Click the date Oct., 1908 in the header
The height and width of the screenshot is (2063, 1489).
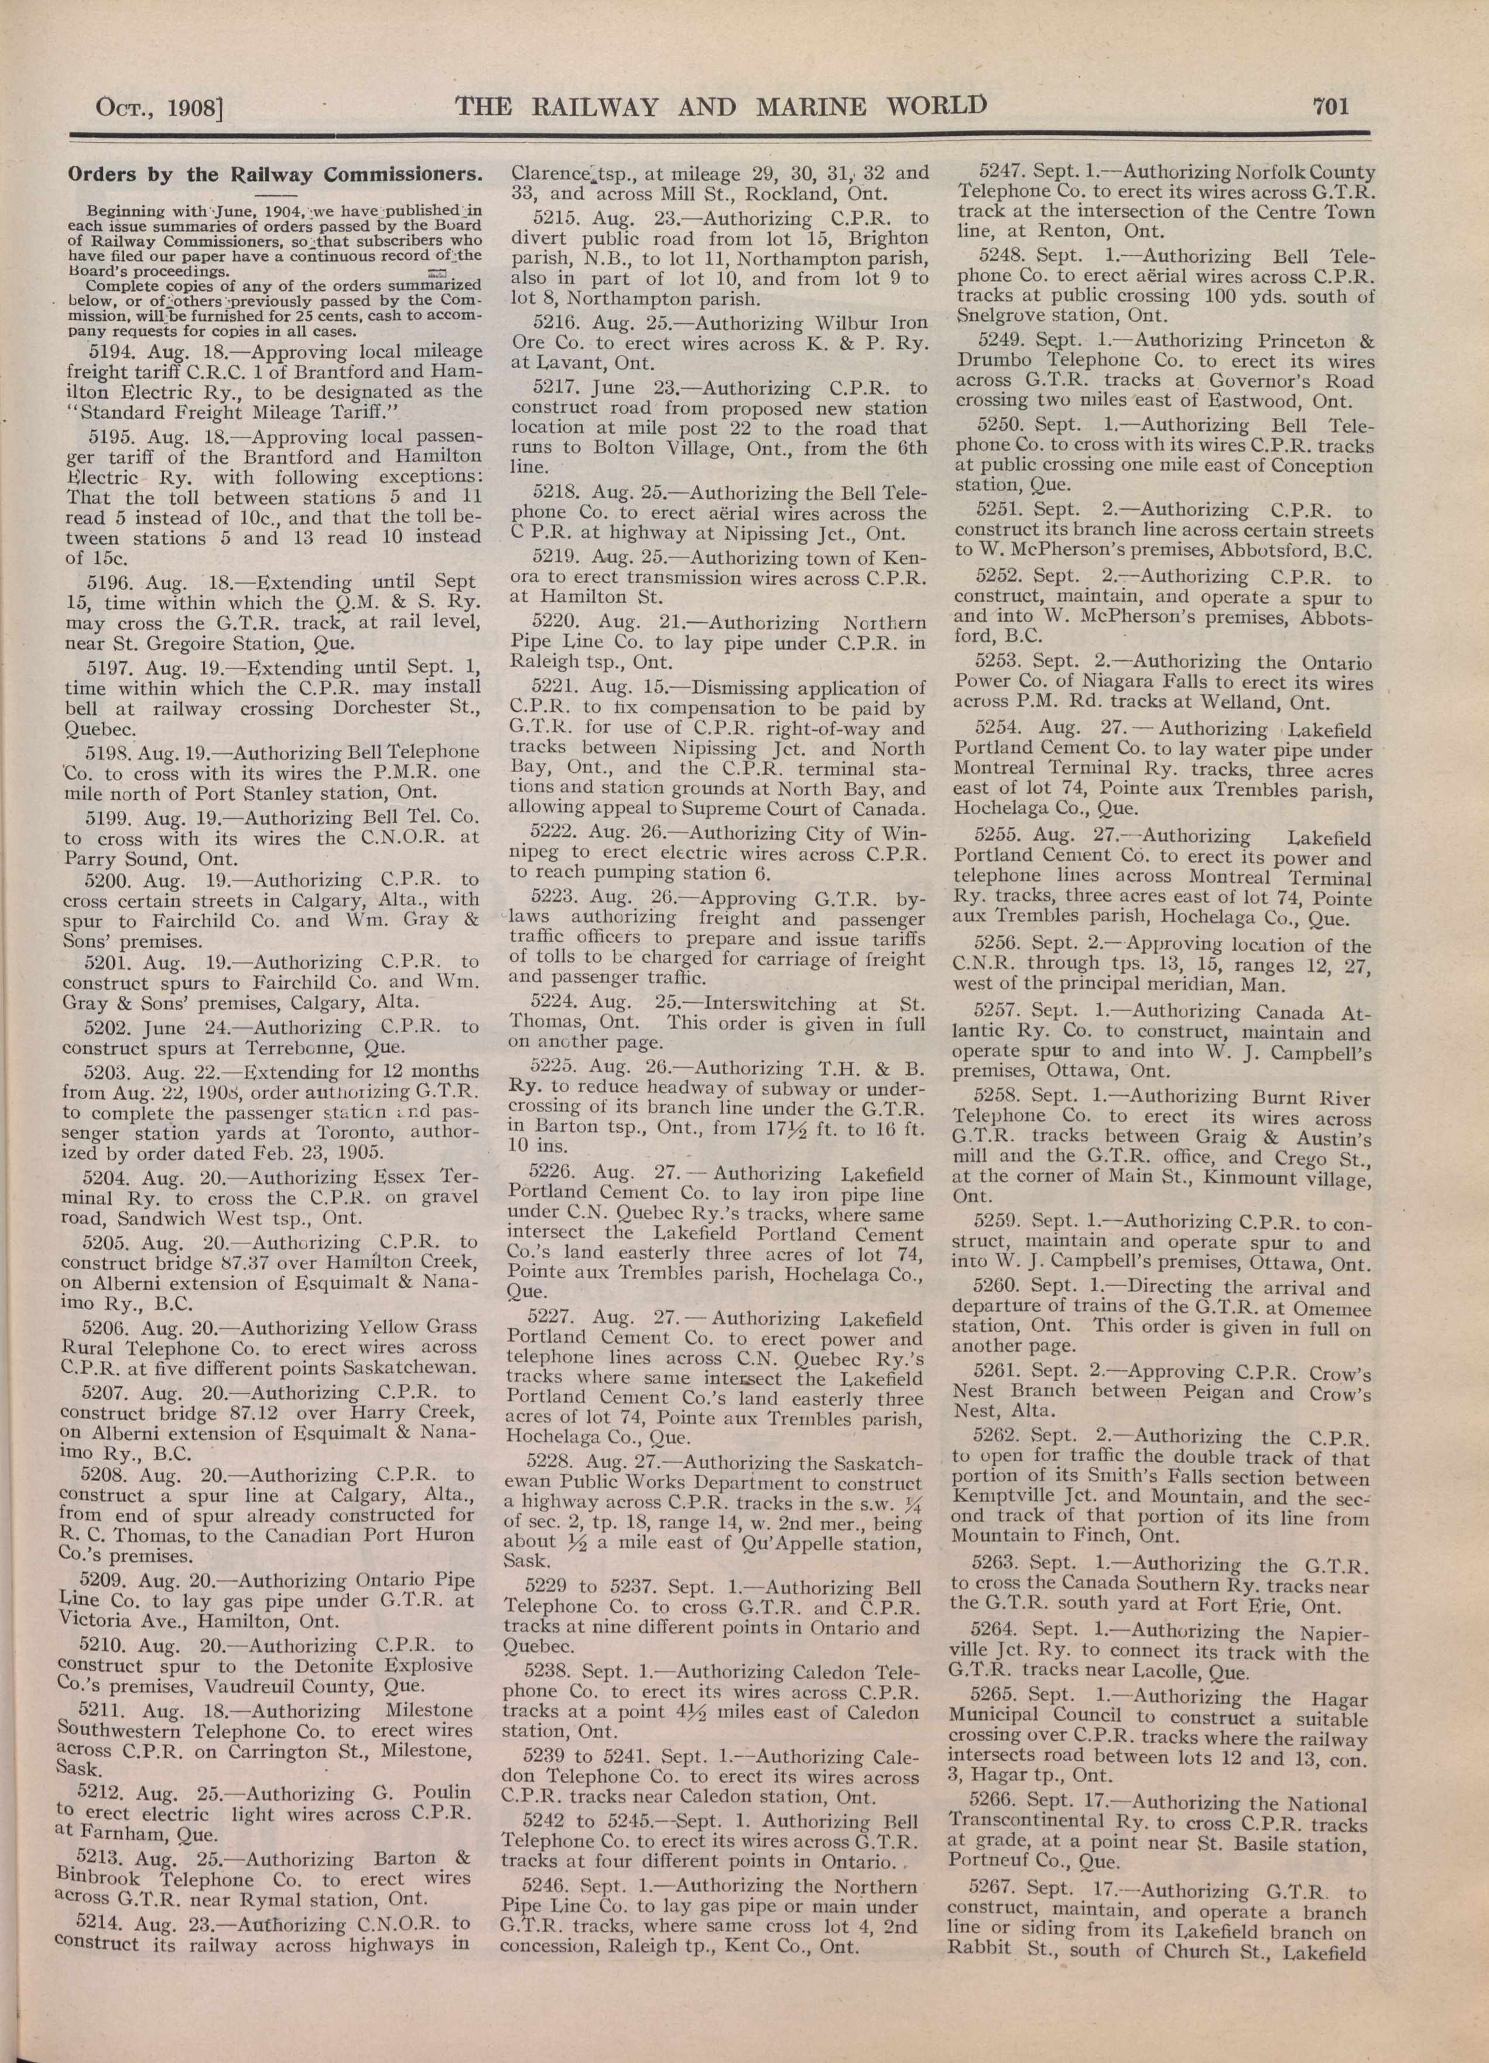159,110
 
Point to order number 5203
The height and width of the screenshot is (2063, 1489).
109,1070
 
